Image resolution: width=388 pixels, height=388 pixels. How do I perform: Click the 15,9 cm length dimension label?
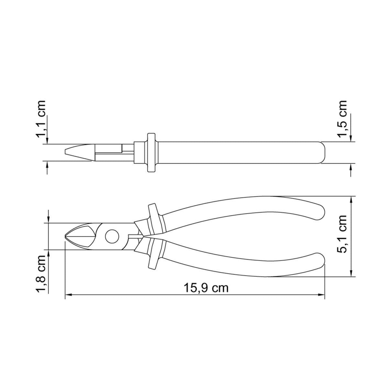click(206, 288)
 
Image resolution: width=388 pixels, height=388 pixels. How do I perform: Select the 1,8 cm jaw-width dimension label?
click(41, 274)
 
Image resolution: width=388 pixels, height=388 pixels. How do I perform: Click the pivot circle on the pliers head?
click(112, 236)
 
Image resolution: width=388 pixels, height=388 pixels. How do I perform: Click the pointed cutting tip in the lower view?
click(65, 236)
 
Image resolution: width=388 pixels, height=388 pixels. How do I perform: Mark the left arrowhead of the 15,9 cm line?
click(69, 295)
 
